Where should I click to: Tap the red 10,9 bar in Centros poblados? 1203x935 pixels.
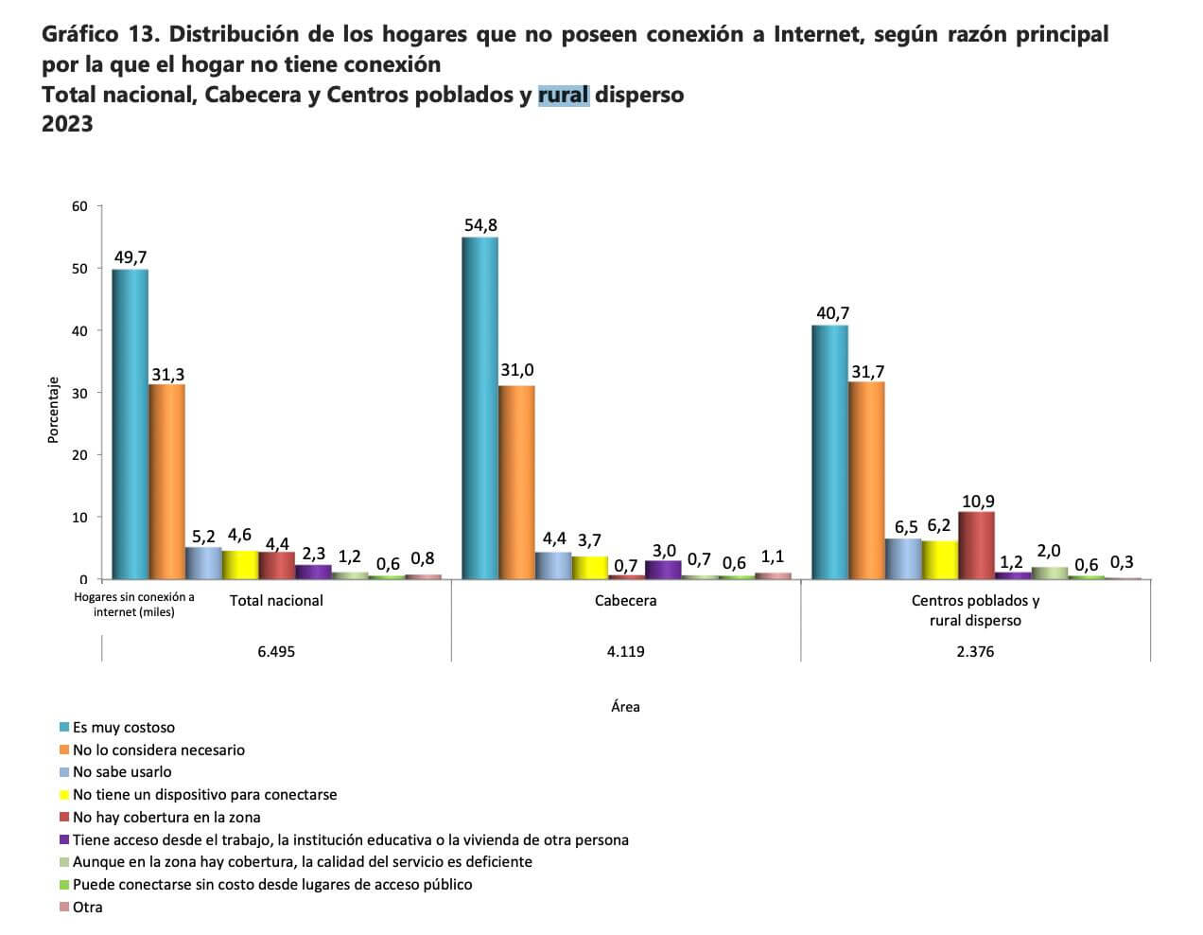(x=976, y=545)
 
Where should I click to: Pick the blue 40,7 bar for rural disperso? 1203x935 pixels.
(x=829, y=451)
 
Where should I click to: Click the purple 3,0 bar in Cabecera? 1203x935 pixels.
(x=663, y=569)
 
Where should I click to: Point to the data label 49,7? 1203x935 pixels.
(x=131, y=257)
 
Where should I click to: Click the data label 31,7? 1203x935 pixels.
(x=867, y=372)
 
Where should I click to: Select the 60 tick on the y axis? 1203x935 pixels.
(x=79, y=206)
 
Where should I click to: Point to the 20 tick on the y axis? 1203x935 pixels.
(x=79, y=455)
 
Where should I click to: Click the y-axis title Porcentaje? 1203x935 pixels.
(x=54, y=410)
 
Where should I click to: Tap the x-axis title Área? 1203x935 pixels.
(x=625, y=706)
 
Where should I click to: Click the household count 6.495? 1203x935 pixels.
(x=276, y=652)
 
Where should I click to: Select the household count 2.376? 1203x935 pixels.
(x=975, y=652)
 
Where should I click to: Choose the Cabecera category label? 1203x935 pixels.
(x=625, y=600)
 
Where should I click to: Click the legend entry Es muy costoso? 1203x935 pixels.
(x=123, y=728)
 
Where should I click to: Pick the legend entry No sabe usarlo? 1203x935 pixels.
(x=122, y=772)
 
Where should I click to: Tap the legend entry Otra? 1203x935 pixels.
(x=87, y=907)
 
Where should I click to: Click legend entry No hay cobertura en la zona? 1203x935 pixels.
(x=166, y=817)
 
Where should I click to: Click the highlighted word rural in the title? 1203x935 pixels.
(x=564, y=95)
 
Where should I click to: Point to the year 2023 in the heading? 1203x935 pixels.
(x=67, y=124)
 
